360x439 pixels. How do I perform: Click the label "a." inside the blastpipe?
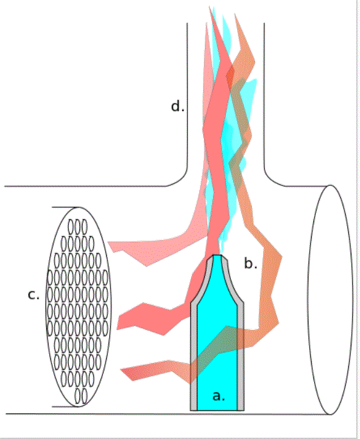point(218,396)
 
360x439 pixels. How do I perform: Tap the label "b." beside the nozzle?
point(251,264)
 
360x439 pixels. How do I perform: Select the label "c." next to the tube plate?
point(34,295)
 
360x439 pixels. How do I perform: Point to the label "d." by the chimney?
point(178,107)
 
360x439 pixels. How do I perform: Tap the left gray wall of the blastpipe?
point(194,355)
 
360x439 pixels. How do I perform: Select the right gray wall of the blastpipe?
point(241,355)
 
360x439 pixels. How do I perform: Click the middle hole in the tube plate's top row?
point(78,226)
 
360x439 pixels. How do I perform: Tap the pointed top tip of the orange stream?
point(235,14)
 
